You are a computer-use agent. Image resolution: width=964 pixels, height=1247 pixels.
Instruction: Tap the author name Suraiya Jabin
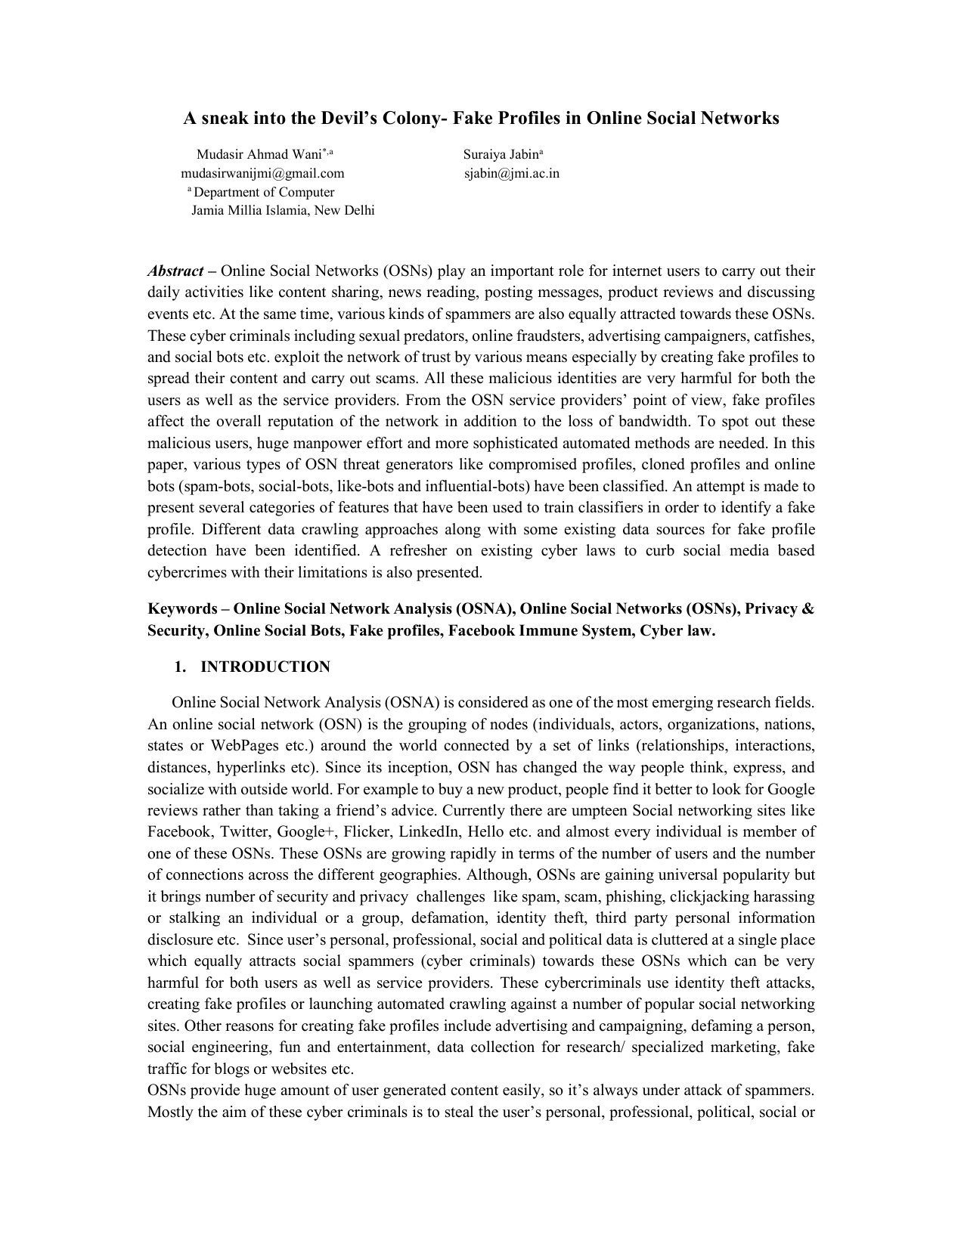click(499, 155)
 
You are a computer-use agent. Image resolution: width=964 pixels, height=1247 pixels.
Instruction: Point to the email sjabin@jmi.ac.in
click(512, 173)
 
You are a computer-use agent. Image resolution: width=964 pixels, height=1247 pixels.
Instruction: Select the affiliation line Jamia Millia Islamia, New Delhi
click(283, 210)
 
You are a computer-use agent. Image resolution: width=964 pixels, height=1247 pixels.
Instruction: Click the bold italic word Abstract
click(175, 271)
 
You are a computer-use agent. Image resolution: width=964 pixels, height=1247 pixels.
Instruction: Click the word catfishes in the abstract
click(786, 336)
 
